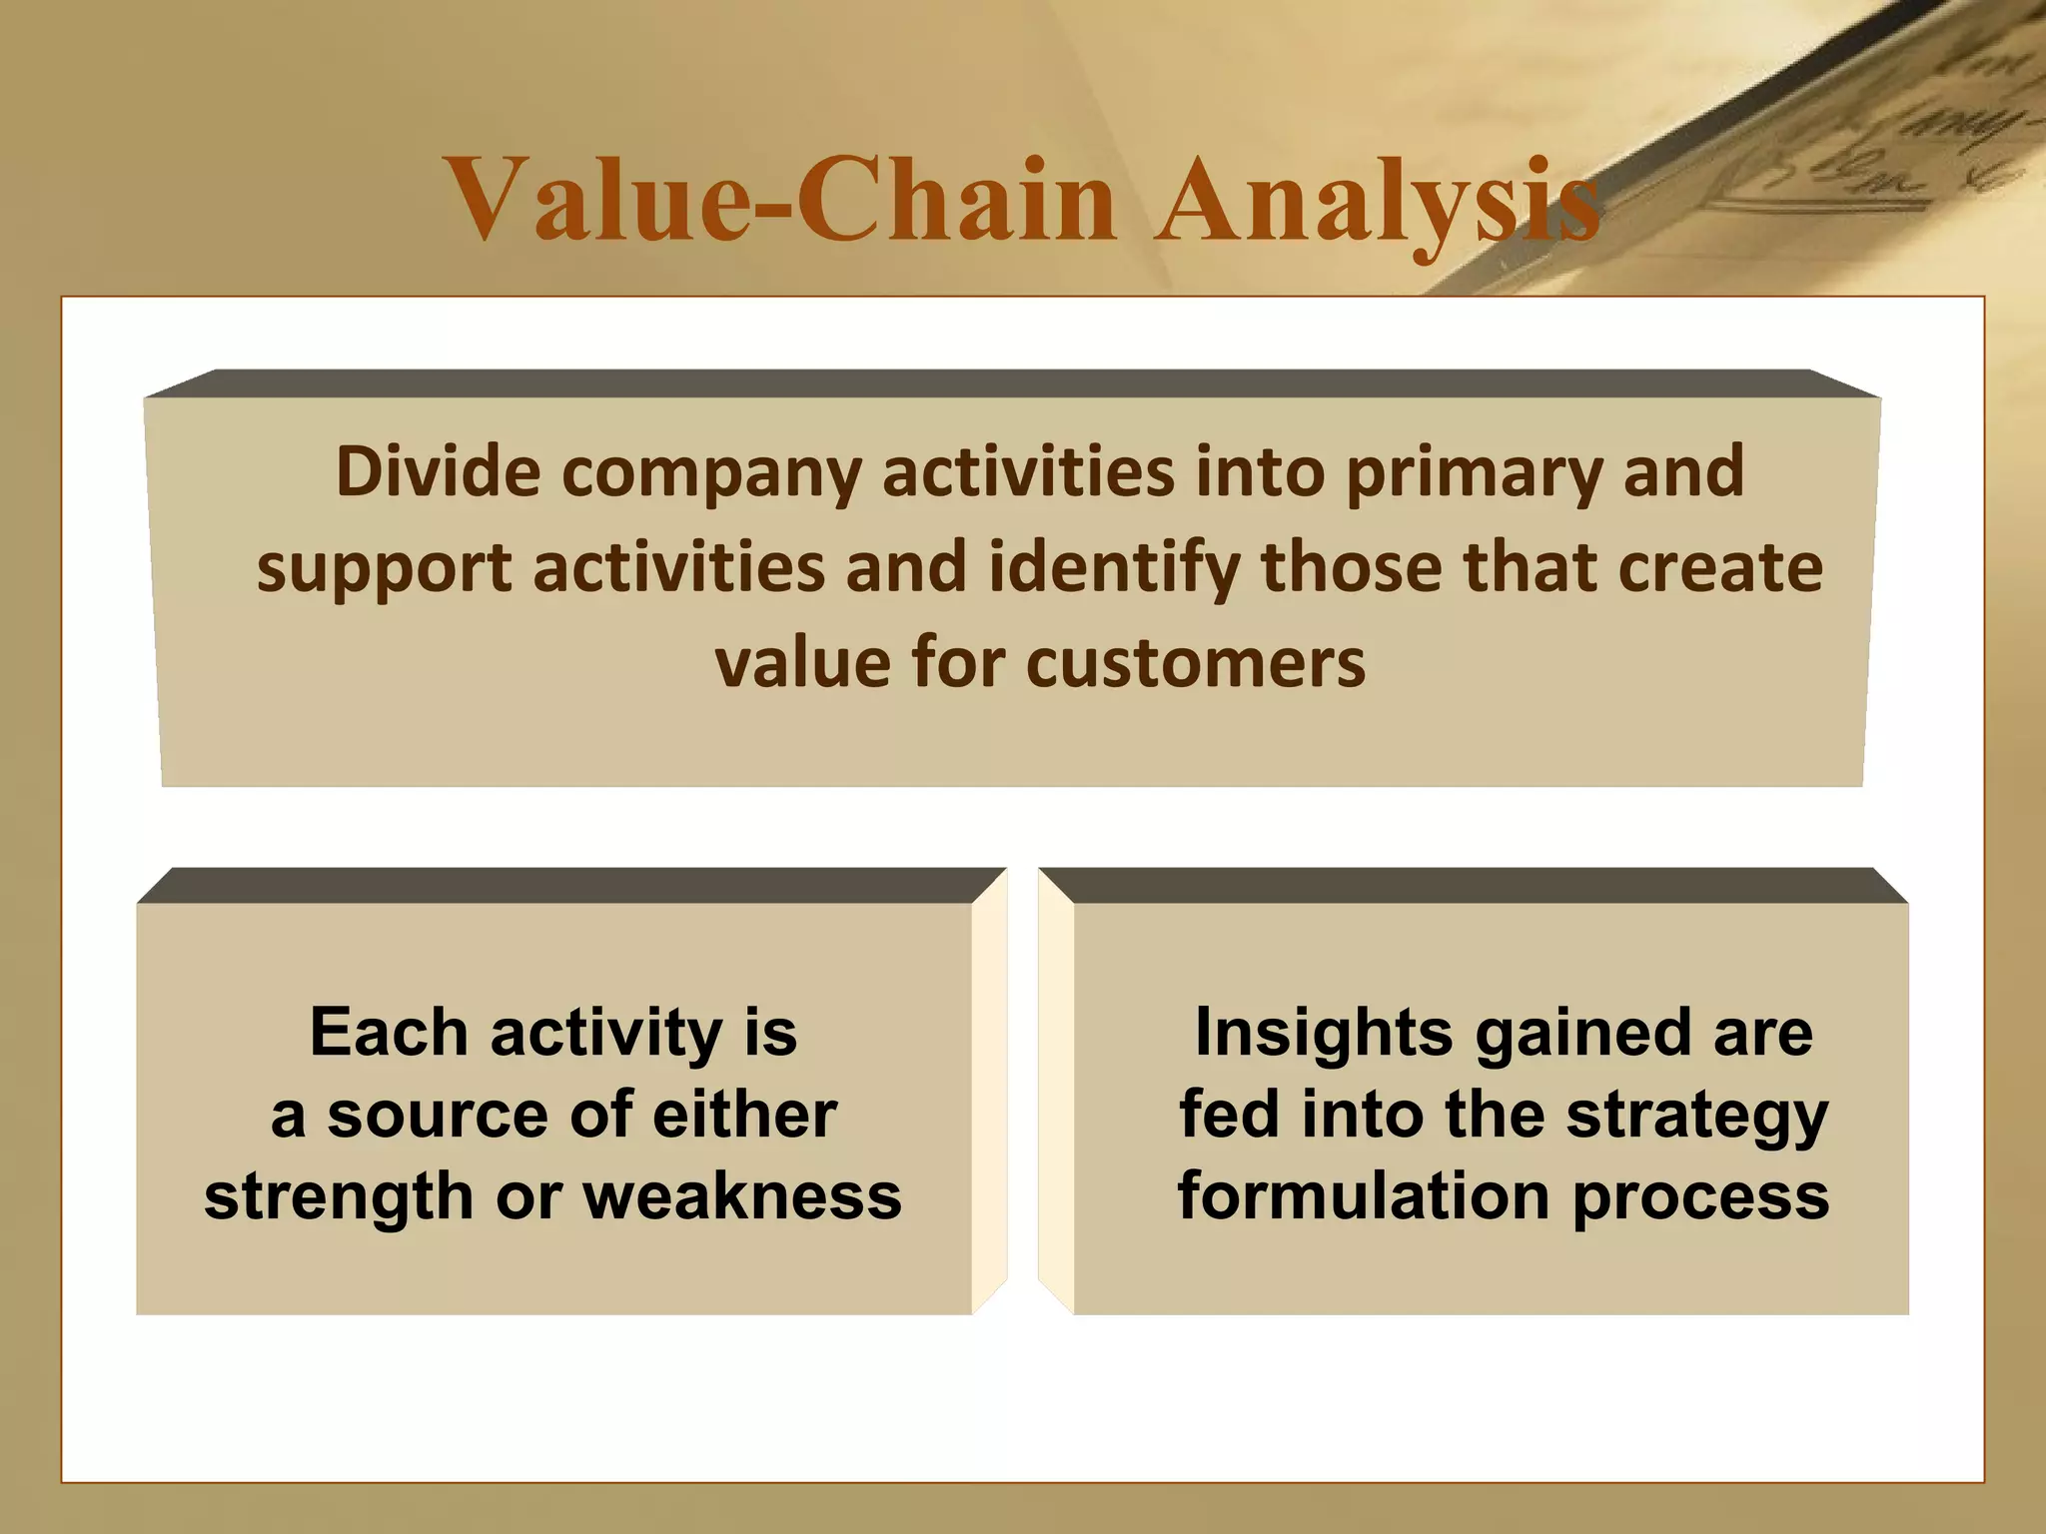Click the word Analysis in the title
(1377, 202)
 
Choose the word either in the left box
(744, 1115)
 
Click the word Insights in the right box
(1324, 1032)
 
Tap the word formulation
(1364, 1196)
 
